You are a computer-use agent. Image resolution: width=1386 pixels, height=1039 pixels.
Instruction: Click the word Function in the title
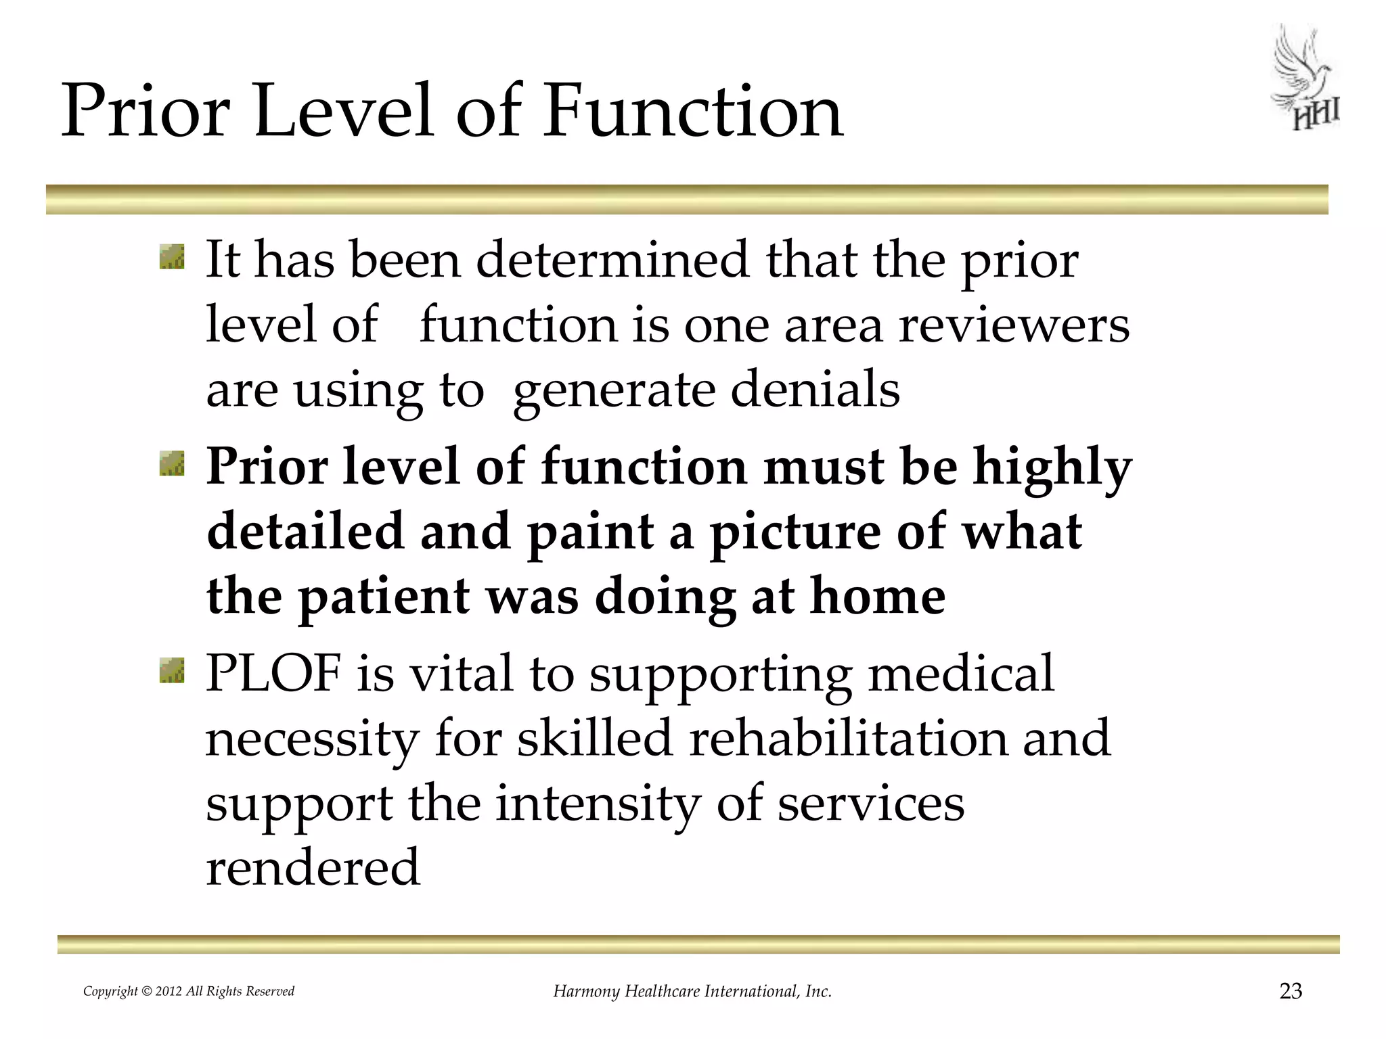tap(693, 110)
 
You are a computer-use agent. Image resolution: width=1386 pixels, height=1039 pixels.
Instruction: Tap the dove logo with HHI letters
tap(1305, 80)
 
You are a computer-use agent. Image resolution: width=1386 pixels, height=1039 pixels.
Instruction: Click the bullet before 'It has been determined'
tap(172, 258)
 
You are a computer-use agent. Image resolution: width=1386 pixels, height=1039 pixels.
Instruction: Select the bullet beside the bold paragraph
tap(172, 465)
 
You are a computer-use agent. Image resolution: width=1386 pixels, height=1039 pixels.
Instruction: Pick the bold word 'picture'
tap(795, 534)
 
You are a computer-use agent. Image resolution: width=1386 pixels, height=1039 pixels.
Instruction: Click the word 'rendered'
tap(313, 868)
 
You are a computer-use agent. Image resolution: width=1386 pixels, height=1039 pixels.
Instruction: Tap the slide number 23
tap(1291, 991)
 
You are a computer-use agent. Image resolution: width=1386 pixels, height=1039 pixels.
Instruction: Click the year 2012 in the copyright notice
tap(169, 992)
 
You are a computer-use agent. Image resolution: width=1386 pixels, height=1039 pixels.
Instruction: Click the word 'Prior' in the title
tap(146, 110)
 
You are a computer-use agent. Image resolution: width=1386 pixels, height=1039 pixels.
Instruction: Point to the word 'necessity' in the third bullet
tap(312, 741)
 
